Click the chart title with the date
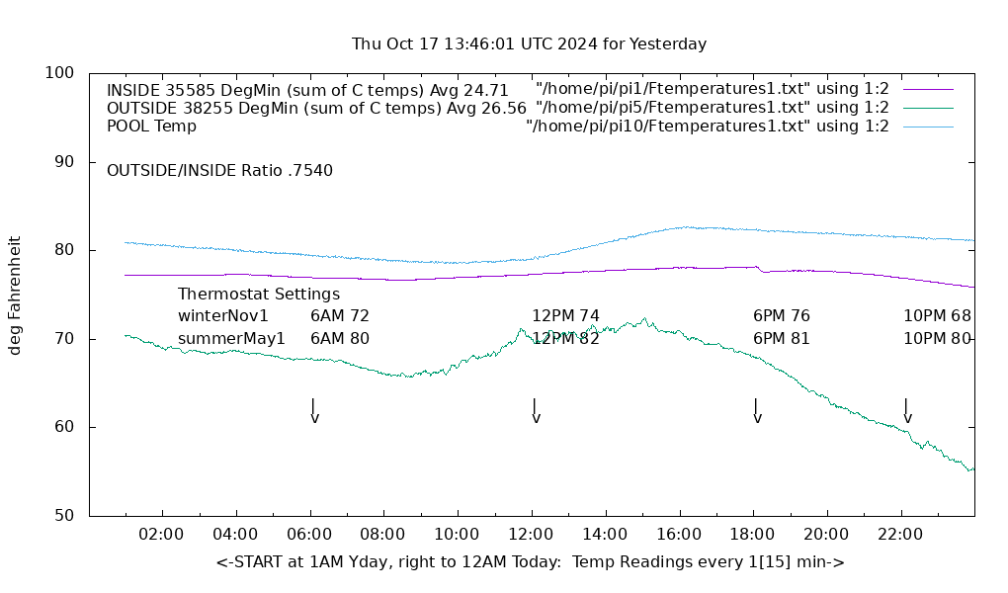pos(529,44)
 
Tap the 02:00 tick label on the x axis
pos(161,535)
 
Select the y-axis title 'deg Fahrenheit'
pos(15,295)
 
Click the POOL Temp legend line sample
pos(927,127)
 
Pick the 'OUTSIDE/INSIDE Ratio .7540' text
pos(219,170)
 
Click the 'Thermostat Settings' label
pos(259,295)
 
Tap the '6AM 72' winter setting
pos(340,316)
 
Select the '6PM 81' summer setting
pos(782,339)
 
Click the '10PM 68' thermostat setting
pos(937,316)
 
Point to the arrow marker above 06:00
pos(313,411)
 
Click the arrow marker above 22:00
pos(906,411)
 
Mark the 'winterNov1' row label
pos(223,316)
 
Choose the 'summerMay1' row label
pos(231,339)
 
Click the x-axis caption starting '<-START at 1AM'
pos(530,562)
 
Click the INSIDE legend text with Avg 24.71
pos(307,90)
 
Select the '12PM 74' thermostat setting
pos(565,316)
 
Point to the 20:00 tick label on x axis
pos(826,535)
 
